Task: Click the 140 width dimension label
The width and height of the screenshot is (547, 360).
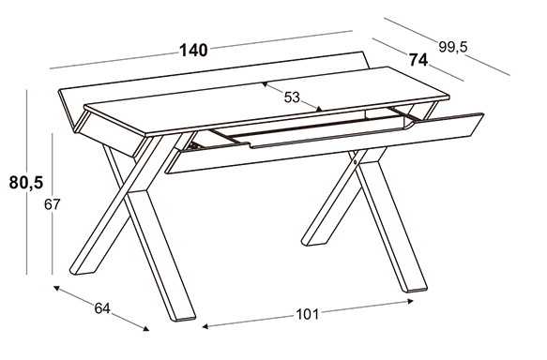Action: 193,51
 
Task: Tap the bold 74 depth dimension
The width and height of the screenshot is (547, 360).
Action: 418,60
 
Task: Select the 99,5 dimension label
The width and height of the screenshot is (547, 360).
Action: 452,47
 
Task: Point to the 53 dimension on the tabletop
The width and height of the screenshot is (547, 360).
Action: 292,97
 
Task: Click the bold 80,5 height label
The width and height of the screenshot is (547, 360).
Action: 26,182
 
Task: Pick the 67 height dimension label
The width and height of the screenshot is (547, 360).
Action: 53,204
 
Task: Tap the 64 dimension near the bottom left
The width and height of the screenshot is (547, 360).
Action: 102,308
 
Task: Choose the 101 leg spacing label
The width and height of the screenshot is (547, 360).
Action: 308,314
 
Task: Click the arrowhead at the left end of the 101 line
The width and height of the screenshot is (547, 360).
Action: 205,326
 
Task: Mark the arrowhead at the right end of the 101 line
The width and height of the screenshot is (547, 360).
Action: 410,301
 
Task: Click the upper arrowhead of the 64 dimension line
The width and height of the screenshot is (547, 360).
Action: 56,288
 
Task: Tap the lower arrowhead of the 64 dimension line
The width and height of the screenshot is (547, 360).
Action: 145,328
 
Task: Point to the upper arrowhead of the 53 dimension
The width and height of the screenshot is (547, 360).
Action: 265,84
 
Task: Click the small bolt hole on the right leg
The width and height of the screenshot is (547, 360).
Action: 355,161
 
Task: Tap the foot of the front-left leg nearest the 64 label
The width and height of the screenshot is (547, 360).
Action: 182,317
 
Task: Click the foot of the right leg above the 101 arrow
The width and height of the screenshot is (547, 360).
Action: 414,289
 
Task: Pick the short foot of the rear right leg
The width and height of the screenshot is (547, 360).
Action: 314,242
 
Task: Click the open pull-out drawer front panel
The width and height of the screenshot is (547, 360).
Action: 325,142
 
